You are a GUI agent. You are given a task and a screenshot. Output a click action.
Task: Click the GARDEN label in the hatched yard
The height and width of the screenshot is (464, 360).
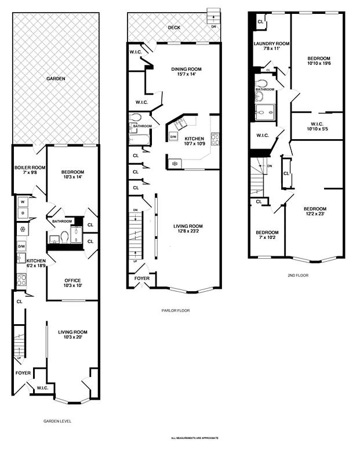pos(56,78)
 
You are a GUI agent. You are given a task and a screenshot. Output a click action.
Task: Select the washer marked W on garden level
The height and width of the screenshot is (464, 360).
pos(22,202)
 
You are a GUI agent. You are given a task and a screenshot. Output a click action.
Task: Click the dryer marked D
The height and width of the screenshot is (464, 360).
pos(22,213)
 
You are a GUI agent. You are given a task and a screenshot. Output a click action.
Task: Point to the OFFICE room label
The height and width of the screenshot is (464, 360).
pos(72,281)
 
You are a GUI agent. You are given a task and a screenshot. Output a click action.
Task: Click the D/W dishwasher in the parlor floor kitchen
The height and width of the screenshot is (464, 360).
pos(173,136)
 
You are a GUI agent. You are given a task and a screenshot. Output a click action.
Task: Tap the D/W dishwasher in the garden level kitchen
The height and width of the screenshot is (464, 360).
pos(21,246)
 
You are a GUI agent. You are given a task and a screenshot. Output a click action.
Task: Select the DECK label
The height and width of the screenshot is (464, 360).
pos(174,27)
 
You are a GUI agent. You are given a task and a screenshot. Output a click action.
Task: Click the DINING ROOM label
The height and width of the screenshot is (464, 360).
pos(185,69)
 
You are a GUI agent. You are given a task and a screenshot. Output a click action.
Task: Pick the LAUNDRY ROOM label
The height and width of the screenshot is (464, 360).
pos(271,44)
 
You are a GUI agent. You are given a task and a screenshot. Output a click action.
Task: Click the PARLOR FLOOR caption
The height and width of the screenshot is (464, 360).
pos(176,310)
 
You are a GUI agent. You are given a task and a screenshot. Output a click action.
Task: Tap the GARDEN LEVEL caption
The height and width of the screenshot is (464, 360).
pos(57,421)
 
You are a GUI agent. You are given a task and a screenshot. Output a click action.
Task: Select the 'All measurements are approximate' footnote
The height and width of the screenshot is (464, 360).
pos(195,438)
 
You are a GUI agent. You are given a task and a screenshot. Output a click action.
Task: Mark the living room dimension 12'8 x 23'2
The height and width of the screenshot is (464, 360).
pos(188,231)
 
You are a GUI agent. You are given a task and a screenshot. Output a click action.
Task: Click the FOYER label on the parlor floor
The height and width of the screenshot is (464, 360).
pos(141,278)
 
